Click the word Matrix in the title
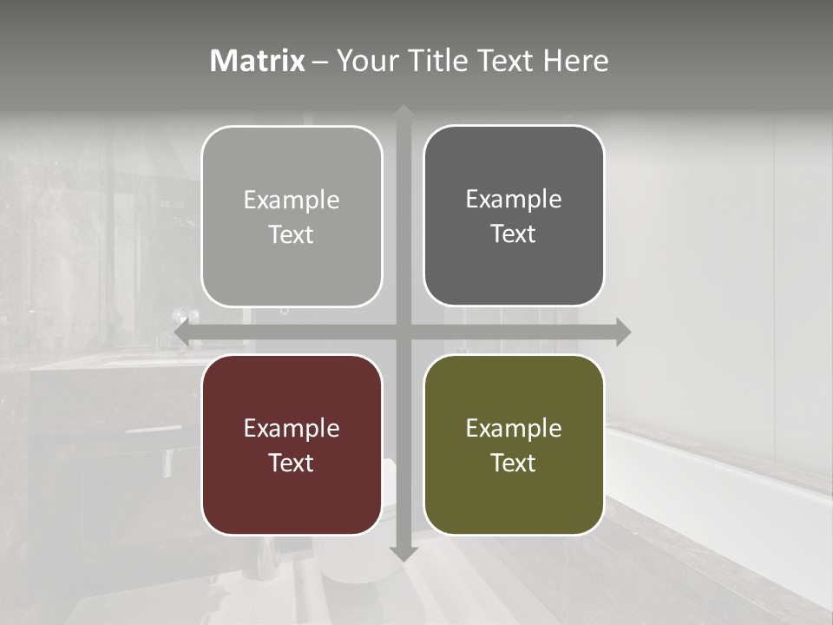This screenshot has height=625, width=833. tap(258, 61)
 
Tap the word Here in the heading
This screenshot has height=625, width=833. tap(575, 61)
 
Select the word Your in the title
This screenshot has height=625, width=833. tap(364, 61)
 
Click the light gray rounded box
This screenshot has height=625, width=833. tap(292, 216)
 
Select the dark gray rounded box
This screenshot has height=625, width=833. tap(514, 215)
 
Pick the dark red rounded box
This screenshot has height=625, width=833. tap(292, 444)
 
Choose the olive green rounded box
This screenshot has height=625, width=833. tap(514, 444)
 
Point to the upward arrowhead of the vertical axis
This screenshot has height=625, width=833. tap(403, 113)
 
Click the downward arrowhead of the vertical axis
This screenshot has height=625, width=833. tap(403, 553)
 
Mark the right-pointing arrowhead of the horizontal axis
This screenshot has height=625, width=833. tap(623, 332)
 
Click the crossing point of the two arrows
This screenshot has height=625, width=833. tap(403, 332)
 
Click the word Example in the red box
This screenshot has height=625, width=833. tap(292, 428)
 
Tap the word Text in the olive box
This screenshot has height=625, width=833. tap(514, 463)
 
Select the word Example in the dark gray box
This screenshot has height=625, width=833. tap(514, 199)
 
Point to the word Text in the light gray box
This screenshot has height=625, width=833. tap(292, 234)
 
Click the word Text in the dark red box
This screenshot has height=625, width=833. tap(292, 463)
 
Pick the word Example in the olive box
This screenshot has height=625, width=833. tap(514, 428)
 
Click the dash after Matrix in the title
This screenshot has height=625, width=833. tap(320, 62)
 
